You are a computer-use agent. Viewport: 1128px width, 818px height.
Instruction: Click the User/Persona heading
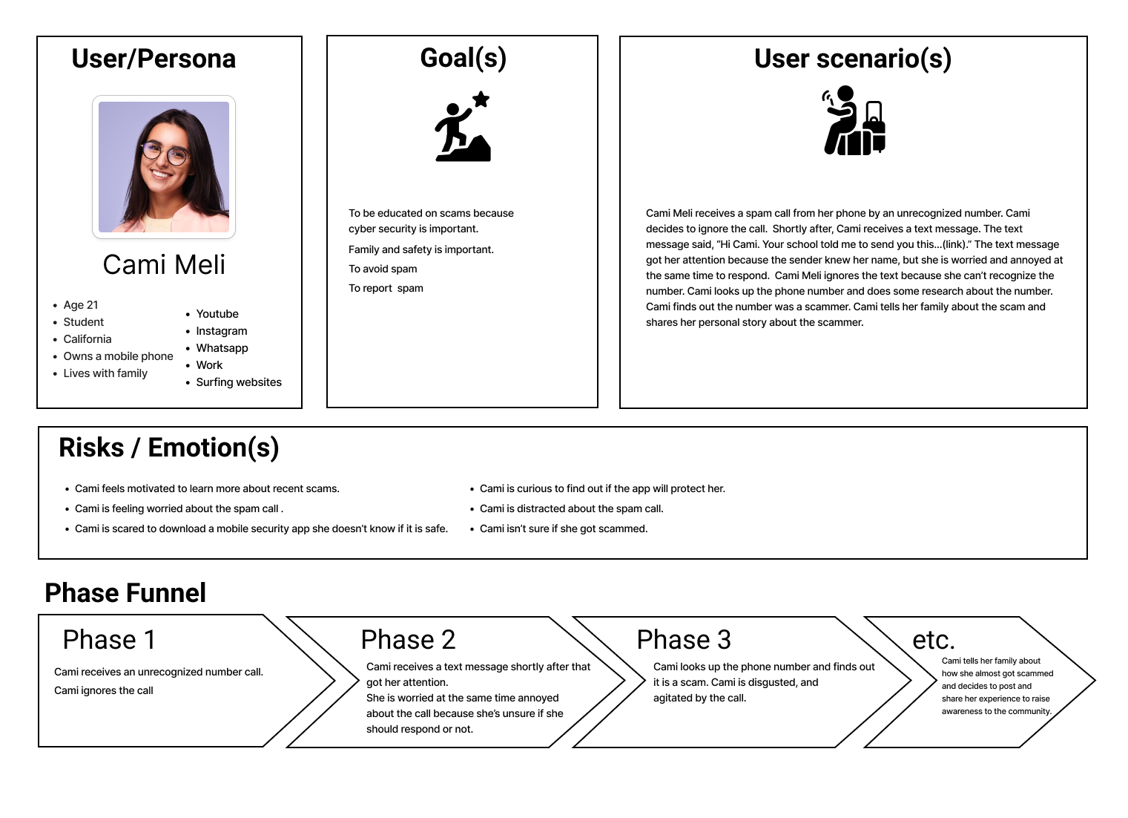click(x=154, y=59)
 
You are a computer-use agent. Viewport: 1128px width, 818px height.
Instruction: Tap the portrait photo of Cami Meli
click(x=164, y=167)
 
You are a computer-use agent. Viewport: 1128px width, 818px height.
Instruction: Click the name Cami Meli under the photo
click(x=164, y=265)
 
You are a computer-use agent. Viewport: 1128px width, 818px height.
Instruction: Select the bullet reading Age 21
click(x=81, y=305)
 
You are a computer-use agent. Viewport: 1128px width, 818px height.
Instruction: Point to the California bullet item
click(x=88, y=339)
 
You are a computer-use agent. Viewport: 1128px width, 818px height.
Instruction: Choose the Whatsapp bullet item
click(x=222, y=348)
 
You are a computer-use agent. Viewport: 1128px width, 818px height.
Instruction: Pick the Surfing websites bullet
click(x=239, y=382)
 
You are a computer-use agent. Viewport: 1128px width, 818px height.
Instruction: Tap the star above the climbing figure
click(x=481, y=99)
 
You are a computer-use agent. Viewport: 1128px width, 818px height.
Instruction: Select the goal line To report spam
click(x=386, y=288)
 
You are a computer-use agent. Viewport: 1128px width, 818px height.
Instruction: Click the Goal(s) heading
click(x=463, y=58)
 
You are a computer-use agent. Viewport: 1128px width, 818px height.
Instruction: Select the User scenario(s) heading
click(x=852, y=59)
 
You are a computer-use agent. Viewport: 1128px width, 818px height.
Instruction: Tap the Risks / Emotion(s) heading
click(x=169, y=448)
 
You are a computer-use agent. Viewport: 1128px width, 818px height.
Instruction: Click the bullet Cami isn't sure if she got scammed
click(x=564, y=529)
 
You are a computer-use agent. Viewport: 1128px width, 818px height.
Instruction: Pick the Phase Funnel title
click(x=125, y=593)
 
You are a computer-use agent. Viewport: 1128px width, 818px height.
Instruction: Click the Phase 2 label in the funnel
click(x=408, y=639)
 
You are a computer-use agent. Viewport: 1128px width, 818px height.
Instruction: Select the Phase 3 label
click(x=684, y=639)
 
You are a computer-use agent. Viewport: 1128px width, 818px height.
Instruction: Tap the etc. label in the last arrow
click(x=933, y=639)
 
